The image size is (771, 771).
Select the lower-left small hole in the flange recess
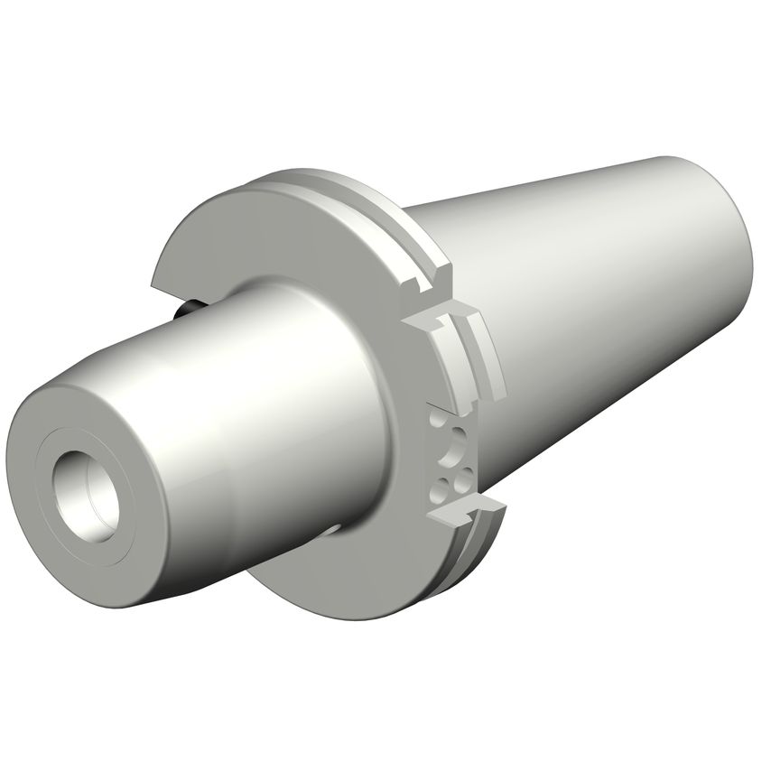[440, 488]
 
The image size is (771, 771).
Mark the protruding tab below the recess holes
[456, 513]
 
